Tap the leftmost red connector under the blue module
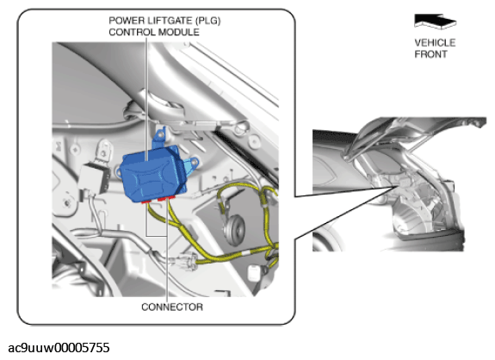pos(145,202)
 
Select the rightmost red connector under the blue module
pos(171,198)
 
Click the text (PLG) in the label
pos(207,21)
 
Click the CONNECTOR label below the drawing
pos(172,307)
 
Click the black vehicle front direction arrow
pos(435,22)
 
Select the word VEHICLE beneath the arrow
pos(435,43)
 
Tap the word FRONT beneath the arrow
pos(430,54)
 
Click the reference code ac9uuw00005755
pos(59,348)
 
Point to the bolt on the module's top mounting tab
pos(161,135)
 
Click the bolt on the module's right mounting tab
pos(195,162)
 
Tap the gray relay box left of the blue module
pos(95,179)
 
